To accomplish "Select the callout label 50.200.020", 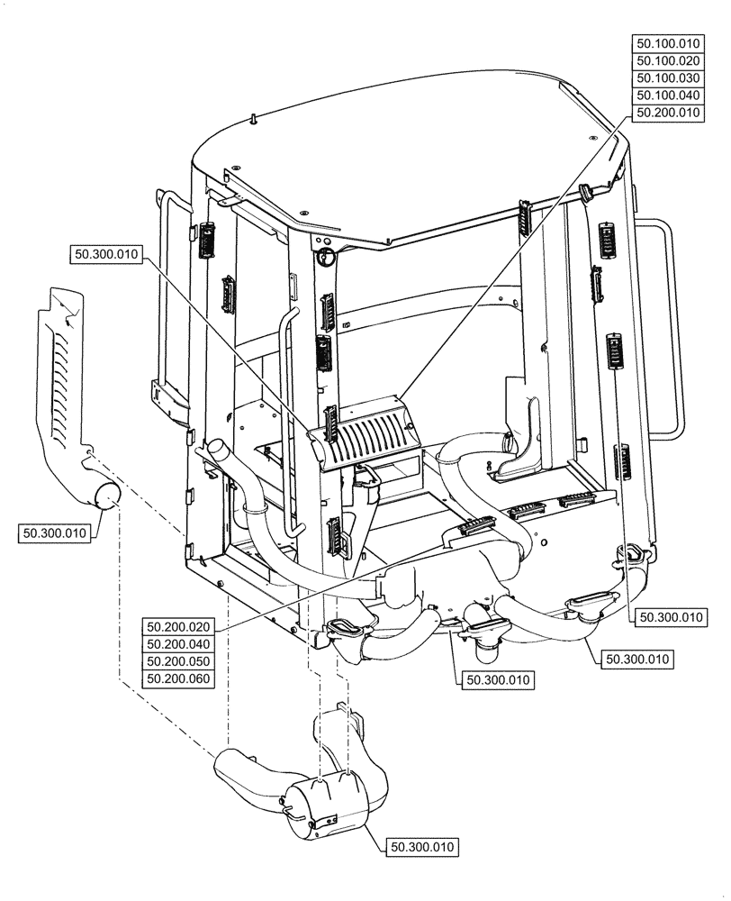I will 177,626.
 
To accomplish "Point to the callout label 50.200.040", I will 177,643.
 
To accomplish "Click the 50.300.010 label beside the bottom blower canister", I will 423,847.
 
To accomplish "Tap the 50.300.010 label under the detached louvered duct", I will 54,533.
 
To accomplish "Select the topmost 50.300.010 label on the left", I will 104,255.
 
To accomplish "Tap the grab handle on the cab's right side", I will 668,333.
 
